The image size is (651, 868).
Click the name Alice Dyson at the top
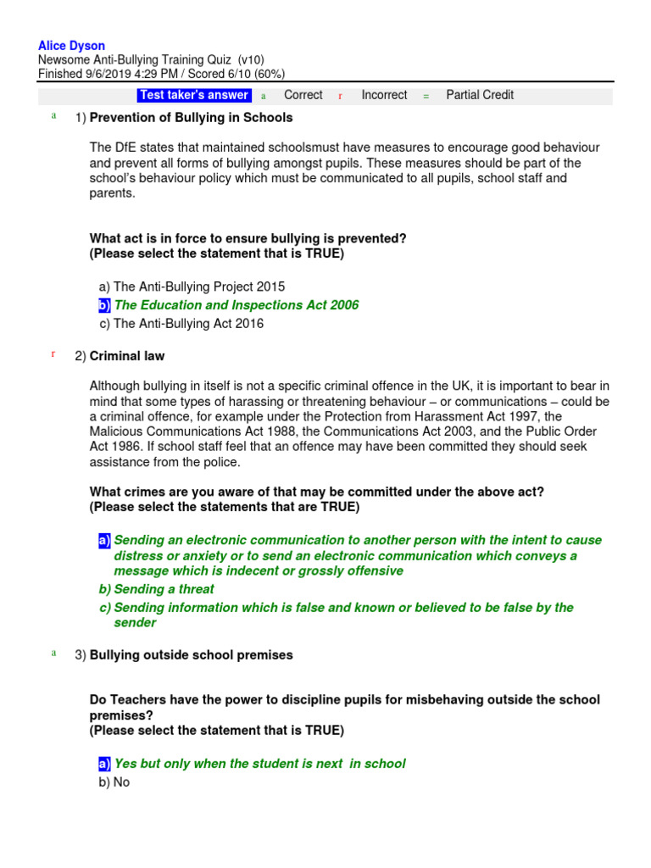(72, 46)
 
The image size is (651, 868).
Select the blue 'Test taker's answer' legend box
(194, 95)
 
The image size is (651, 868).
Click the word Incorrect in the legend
(384, 95)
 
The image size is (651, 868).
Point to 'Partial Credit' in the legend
(480, 95)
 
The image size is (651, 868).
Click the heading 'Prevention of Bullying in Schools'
(191, 118)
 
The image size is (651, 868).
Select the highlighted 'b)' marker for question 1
(105, 305)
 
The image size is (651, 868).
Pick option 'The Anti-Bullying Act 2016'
(188, 324)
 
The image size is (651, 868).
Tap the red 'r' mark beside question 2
(53, 354)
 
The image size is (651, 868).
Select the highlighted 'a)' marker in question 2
(104, 540)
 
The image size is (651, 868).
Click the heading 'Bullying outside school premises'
(191, 655)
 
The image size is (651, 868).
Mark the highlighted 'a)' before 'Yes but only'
(104, 764)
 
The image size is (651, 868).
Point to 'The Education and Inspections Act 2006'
(236, 305)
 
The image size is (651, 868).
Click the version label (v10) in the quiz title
(251, 60)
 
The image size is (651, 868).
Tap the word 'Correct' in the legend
(303, 95)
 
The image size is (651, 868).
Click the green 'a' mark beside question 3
(53, 654)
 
